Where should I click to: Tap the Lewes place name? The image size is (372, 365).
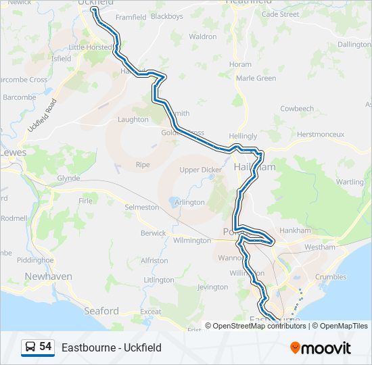click(14, 153)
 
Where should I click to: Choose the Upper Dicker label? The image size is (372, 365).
click(200, 170)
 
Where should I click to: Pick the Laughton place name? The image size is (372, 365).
click(133, 120)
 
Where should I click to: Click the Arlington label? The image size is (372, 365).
click(189, 202)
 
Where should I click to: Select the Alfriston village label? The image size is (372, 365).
click(154, 260)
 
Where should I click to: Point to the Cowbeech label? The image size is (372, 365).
click(297, 108)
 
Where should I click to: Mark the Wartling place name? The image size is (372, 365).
click(350, 182)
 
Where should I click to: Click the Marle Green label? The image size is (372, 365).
click(256, 78)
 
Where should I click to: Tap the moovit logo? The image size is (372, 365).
click(321, 348)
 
